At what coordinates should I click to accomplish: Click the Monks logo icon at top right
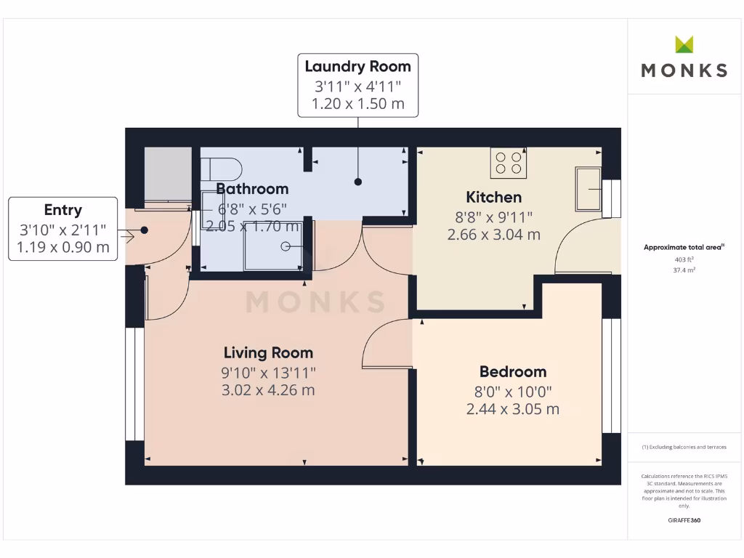(684, 44)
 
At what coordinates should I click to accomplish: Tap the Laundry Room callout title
(357, 66)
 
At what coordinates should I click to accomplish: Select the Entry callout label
(62, 210)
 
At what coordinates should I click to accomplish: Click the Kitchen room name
(493, 197)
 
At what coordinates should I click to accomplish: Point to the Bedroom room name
(512, 371)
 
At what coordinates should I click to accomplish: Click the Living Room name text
(268, 352)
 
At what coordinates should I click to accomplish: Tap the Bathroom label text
(252, 189)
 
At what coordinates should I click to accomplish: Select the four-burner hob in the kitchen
(509, 163)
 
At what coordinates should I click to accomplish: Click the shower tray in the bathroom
(273, 246)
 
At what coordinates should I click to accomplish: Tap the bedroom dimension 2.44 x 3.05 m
(512, 409)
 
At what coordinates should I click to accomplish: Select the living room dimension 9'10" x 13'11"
(268, 372)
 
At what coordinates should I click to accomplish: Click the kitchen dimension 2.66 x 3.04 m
(493, 235)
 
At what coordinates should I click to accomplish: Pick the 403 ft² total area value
(684, 259)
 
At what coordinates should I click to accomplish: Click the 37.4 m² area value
(684, 270)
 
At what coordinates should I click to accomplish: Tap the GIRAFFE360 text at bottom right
(684, 520)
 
